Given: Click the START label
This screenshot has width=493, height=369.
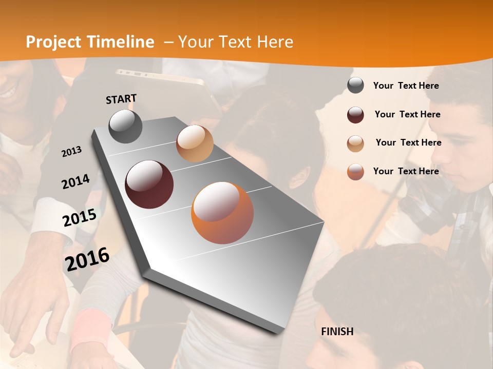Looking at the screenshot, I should (x=121, y=99).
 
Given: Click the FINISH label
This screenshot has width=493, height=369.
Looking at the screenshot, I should (x=337, y=332).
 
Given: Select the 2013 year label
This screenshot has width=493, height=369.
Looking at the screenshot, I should (x=72, y=152).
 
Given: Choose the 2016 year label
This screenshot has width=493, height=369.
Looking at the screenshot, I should (x=87, y=259).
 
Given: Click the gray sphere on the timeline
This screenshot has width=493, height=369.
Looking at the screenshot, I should (x=126, y=126).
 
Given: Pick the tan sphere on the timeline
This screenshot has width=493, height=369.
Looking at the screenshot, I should (x=195, y=143).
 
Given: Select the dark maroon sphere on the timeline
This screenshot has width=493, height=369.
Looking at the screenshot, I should (x=149, y=184).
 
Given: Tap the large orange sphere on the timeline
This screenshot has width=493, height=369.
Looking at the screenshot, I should (x=222, y=213).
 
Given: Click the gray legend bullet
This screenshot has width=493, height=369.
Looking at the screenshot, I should (x=355, y=86).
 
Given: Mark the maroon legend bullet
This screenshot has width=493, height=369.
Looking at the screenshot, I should (x=355, y=115).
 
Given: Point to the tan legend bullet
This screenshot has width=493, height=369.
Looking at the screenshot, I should (x=355, y=143).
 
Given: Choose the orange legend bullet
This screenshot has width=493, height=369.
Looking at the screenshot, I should (x=355, y=172).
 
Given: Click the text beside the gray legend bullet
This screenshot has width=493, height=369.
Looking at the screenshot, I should (x=406, y=86).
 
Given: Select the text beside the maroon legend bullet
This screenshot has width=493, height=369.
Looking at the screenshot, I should (x=407, y=114).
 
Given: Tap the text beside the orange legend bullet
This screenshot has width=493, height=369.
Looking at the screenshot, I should (x=406, y=171).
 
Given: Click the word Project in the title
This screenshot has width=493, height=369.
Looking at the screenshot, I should (x=54, y=42).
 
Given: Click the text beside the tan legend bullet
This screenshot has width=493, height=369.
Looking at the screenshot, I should (x=408, y=142).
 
